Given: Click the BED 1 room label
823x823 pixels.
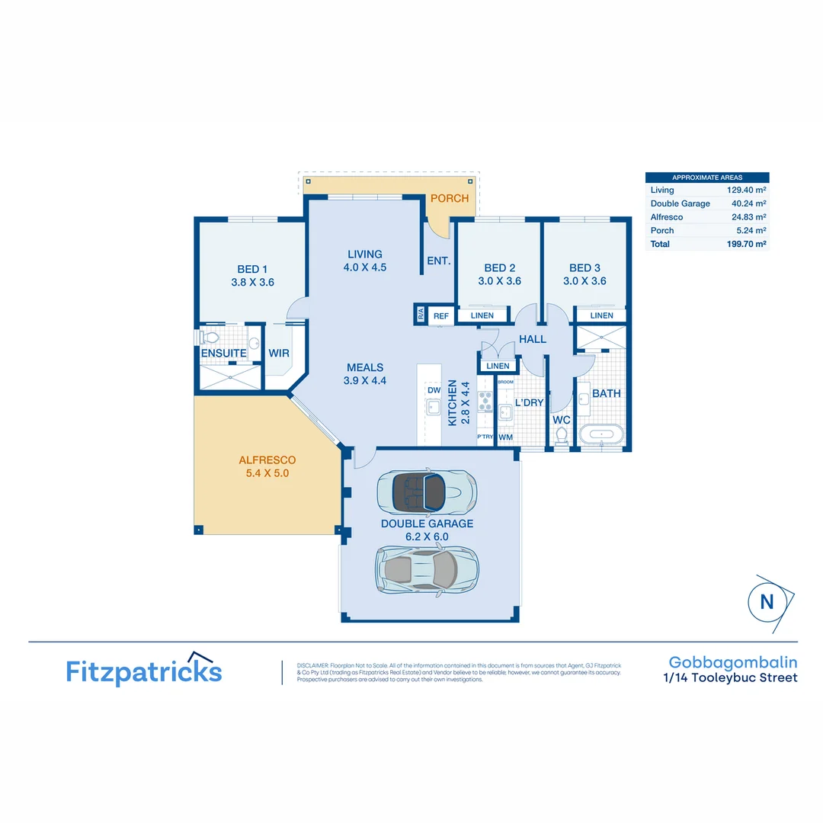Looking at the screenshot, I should point(252,268).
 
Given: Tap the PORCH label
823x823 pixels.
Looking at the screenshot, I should point(450,198).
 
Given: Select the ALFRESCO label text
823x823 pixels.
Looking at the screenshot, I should point(267,460).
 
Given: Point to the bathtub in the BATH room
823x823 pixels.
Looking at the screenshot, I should point(601,435).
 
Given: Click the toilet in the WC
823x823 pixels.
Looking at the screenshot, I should point(562,435).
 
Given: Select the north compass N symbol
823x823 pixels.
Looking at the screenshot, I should point(767,602).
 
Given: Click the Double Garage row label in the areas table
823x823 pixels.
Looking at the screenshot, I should point(680,203).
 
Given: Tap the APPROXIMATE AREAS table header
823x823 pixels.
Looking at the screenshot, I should point(706,178).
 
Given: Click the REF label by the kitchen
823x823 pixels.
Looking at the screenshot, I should point(440,315).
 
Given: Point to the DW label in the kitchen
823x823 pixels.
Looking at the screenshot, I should point(434,390).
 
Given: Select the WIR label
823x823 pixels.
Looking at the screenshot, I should point(278,354).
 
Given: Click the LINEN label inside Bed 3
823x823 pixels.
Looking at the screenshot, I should point(601,315).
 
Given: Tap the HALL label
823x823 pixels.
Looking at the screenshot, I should point(532,339).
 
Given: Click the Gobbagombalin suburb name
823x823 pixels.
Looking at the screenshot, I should point(732,662).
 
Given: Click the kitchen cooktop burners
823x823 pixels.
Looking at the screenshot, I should point(485,402).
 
